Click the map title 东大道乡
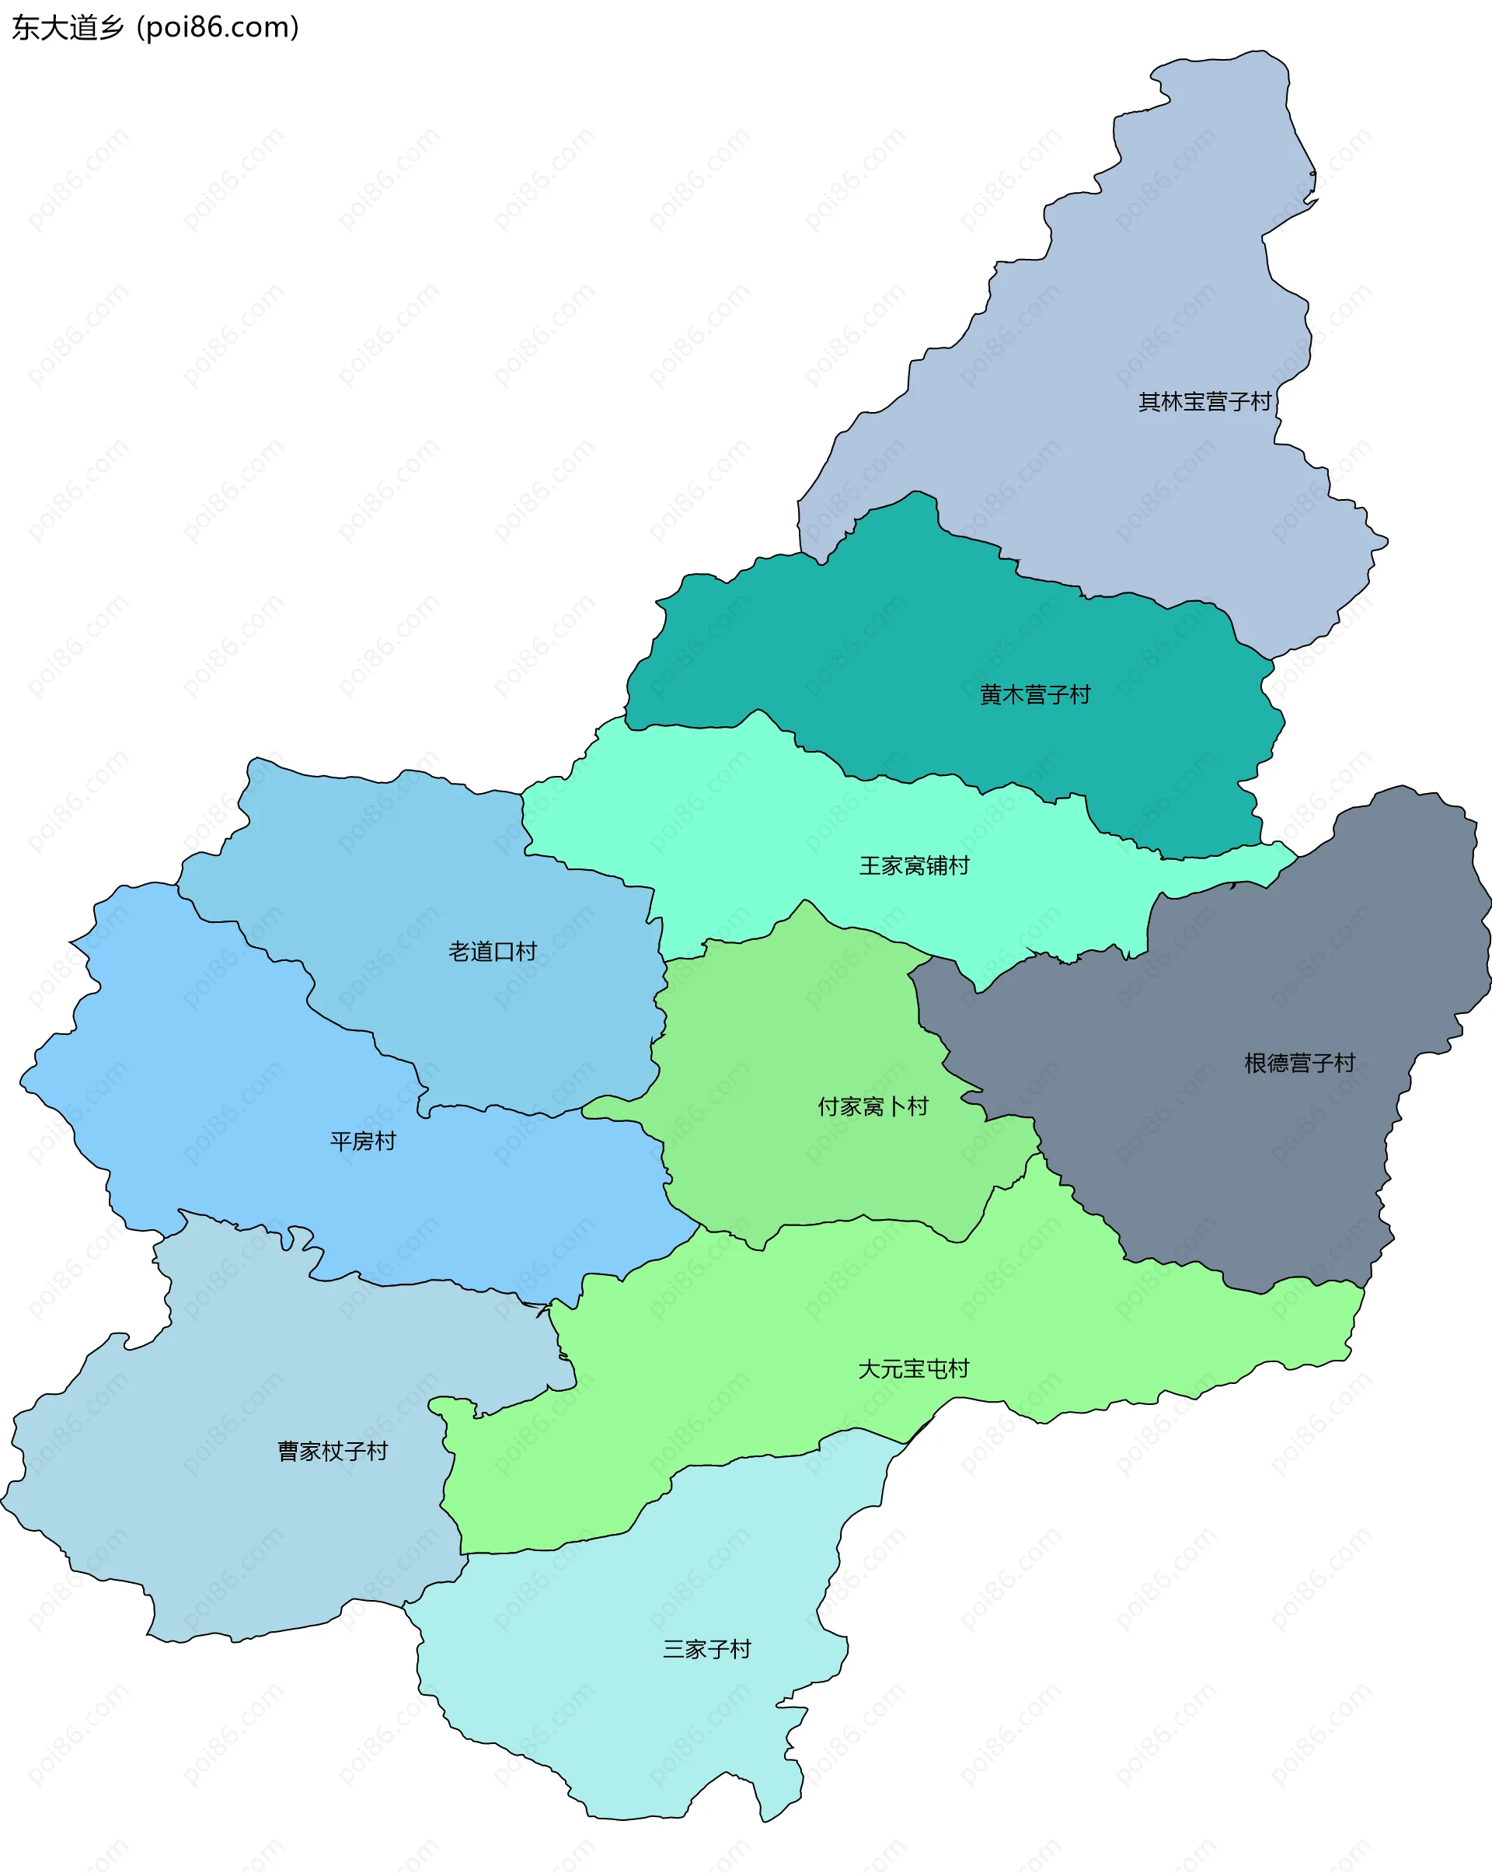click(68, 28)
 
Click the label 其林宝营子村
click(1204, 401)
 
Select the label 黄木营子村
click(1034, 695)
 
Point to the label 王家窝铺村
click(914, 866)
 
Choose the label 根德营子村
click(1299, 1064)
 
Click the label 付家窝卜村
click(873, 1107)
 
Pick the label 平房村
click(363, 1141)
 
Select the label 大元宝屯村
click(913, 1369)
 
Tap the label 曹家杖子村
click(333, 1452)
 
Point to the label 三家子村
click(706, 1650)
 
